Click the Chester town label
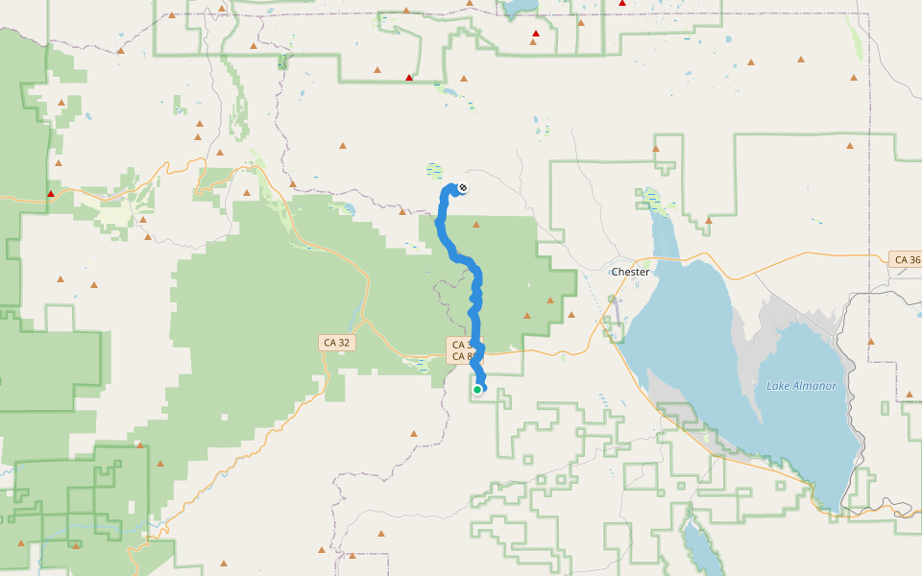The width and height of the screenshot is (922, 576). point(630,272)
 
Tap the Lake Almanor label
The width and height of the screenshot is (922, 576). point(801,386)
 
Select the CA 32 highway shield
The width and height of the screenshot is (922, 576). point(336,342)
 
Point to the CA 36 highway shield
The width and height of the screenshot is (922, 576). point(907,259)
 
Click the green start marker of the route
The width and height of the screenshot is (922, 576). point(477,389)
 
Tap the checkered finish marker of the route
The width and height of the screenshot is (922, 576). point(463,187)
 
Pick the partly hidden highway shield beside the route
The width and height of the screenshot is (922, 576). point(459,350)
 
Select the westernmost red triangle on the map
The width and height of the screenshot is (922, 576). point(51,194)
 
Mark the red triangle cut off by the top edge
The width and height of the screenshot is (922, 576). point(622,3)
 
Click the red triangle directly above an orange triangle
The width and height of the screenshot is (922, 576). point(535,34)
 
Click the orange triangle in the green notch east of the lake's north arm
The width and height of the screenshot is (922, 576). point(708,221)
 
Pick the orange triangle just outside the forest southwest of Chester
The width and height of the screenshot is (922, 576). point(571,314)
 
